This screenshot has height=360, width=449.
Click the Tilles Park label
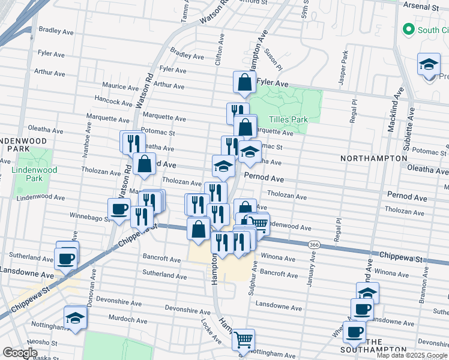tap(288, 119)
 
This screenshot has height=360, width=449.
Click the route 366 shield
tap(313, 245)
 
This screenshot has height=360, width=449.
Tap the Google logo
tap(20, 353)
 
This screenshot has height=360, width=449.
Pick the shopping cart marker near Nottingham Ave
tap(243, 340)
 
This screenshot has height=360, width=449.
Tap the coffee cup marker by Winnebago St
tap(119, 209)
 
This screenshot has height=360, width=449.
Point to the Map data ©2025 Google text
tap(412, 355)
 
